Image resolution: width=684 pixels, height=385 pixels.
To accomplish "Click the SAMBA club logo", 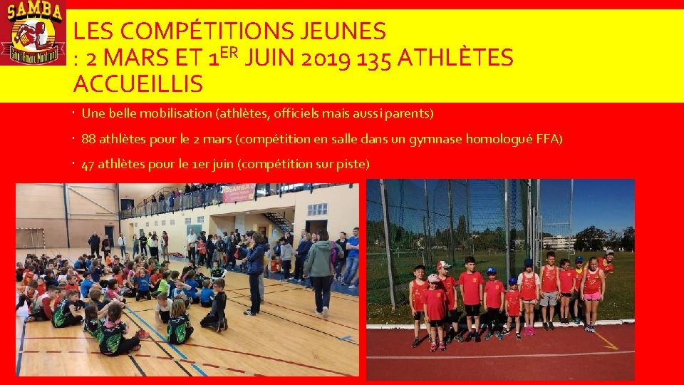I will pos(33,33).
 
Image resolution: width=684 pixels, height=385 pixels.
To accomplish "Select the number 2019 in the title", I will pos(328,58).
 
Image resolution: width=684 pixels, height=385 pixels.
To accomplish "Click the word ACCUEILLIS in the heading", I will pos(138,84).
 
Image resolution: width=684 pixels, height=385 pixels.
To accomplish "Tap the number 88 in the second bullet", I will pos(89,139).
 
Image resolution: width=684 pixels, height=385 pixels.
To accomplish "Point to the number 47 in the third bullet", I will pos(88,165).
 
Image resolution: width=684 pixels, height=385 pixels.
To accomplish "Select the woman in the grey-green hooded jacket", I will pos(321,271).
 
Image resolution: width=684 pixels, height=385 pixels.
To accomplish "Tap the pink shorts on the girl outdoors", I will pos(591,296).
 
